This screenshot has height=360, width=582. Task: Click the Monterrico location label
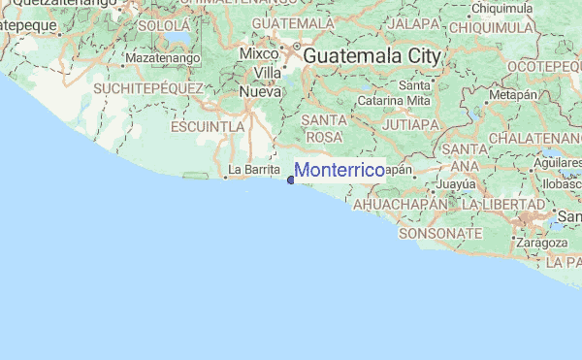click(339, 171)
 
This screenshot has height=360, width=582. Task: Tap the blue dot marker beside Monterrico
click(291, 179)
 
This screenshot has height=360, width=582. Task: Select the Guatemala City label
click(372, 57)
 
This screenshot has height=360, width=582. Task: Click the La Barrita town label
click(246, 170)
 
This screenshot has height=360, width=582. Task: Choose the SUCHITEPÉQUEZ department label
click(147, 88)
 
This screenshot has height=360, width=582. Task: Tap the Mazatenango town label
click(162, 58)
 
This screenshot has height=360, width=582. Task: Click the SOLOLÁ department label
click(162, 26)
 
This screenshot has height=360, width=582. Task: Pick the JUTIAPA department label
click(411, 125)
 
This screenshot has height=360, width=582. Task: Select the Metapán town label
click(513, 96)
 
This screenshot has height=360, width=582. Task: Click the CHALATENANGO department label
click(535, 140)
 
